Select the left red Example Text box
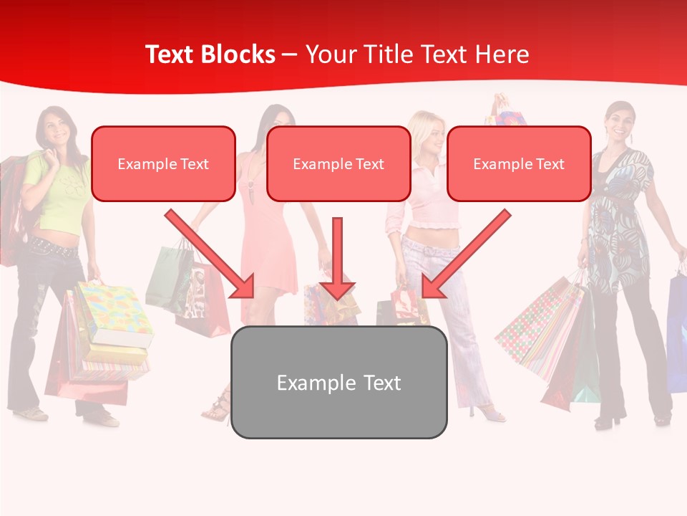point(163,164)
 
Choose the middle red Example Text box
point(338,164)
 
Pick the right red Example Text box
point(519,164)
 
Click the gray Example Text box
point(338,383)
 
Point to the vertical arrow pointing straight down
point(337,258)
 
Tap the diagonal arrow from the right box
point(466,254)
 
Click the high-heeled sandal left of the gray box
point(218,408)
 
